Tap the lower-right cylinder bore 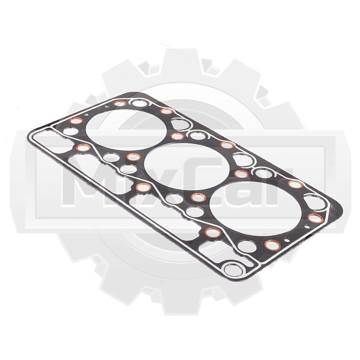pyautogui.click(x=255, y=208)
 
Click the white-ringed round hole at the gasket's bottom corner pyautogui.click(x=233, y=270)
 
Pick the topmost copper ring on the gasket pyautogui.click(x=120, y=103)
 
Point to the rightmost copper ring pyautogui.click(x=316, y=218)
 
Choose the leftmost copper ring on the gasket pyautogui.click(x=76, y=121)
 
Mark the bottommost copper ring pyautogui.click(x=272, y=245)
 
